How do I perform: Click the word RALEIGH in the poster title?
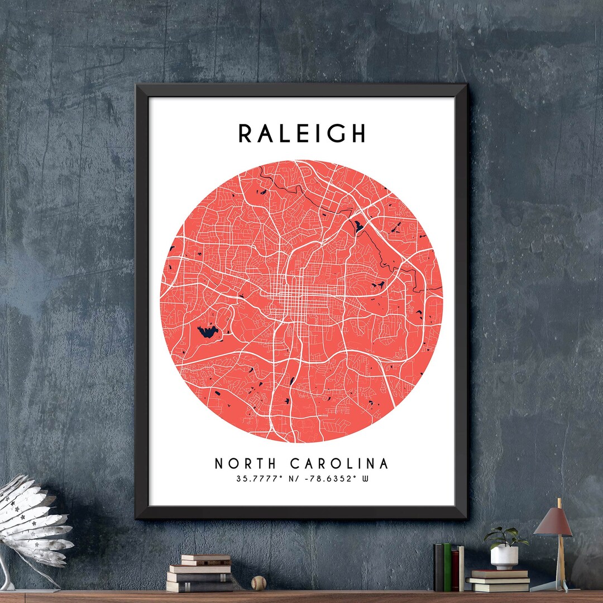(302, 133)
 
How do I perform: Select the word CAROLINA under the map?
(339, 464)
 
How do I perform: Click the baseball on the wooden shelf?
(259, 583)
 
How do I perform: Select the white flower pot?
(504, 557)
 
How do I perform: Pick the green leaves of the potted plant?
(505, 537)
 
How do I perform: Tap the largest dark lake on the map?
(208, 332)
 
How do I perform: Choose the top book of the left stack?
(205, 558)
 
